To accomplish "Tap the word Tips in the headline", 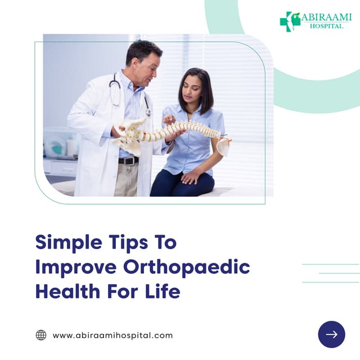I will (x=124, y=242).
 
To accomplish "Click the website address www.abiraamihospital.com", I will (x=112, y=335).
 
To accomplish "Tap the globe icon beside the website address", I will (x=41, y=335).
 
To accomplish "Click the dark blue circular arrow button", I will (x=331, y=335).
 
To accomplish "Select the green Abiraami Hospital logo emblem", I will (x=290, y=21).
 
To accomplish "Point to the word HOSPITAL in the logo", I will (x=326, y=26).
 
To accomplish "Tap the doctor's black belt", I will (x=129, y=161).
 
